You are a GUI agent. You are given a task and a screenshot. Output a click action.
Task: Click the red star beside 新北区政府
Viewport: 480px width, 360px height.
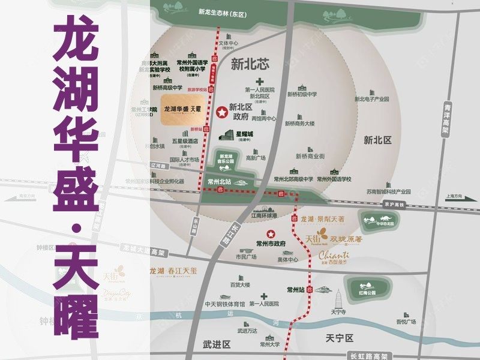point(221,112)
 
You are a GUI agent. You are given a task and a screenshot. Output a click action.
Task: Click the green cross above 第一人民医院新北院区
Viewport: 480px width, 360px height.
point(259,82)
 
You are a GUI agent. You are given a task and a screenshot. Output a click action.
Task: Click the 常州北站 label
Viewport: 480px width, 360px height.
point(219,180)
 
